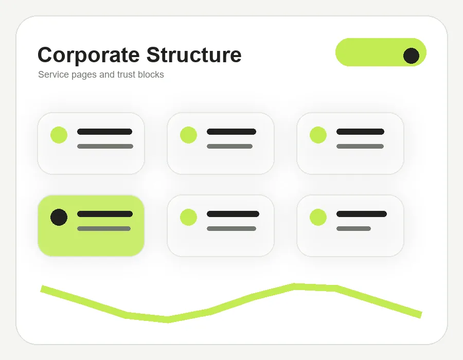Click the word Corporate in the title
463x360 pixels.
[x=88, y=56]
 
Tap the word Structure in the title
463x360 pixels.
[x=194, y=55]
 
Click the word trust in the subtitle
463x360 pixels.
[x=126, y=75]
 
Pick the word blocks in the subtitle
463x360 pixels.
[x=151, y=75]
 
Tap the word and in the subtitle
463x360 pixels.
[x=107, y=75]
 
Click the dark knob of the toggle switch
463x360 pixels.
[x=412, y=56]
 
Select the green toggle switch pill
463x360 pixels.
[x=381, y=52]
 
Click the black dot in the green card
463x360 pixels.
[x=59, y=217]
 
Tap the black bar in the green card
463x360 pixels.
[x=105, y=214]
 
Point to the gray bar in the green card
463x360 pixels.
[x=104, y=229]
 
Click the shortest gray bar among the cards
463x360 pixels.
[x=353, y=229]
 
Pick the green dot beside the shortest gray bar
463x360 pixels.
[x=318, y=217]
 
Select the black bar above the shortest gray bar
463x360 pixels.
[x=362, y=214]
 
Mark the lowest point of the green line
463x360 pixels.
[x=168, y=320]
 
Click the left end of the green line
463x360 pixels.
[x=42, y=289]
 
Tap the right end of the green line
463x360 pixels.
[x=421, y=315]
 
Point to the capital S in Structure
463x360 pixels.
[x=153, y=55]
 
